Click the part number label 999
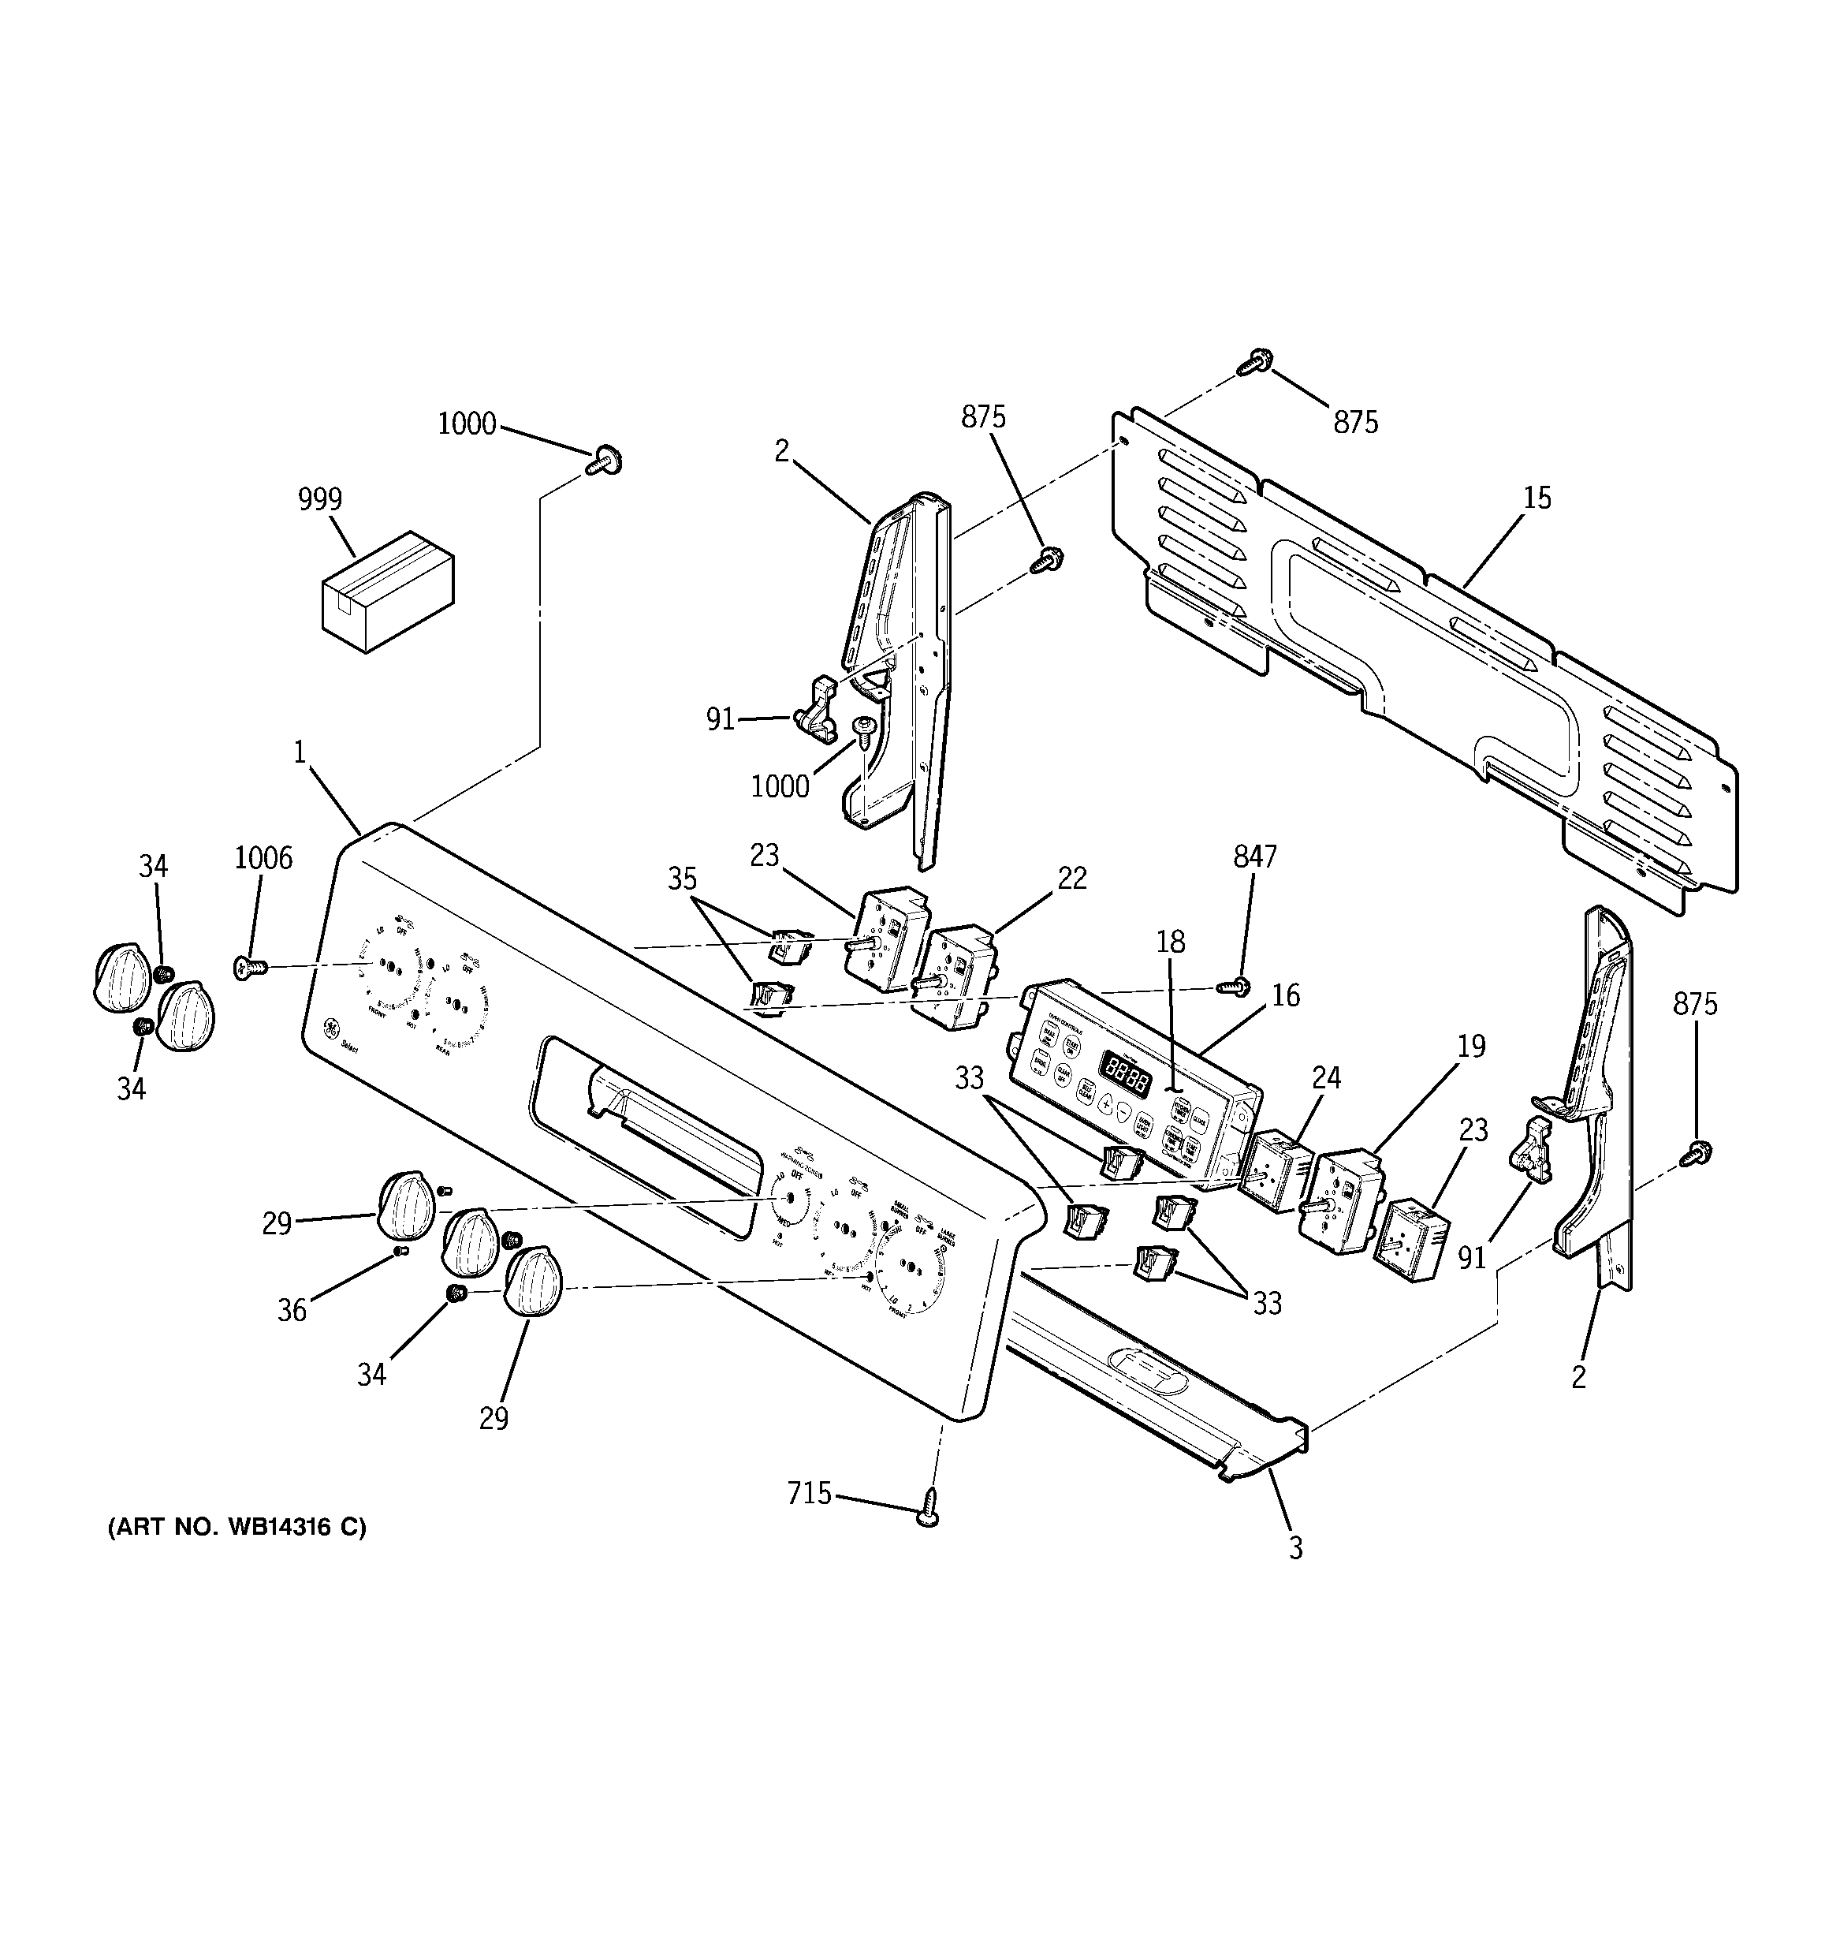(x=320, y=500)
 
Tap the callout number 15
(x=1537, y=498)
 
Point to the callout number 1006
(x=263, y=858)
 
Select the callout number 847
(x=1254, y=857)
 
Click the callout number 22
(x=1072, y=878)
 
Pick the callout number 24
(x=1326, y=1078)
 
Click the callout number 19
(x=1470, y=1046)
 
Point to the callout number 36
(x=292, y=1311)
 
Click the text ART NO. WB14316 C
(x=237, y=1527)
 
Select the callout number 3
(x=1296, y=1548)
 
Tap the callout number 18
(x=1170, y=942)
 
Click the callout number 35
(x=682, y=878)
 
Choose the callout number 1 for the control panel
(x=300, y=752)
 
